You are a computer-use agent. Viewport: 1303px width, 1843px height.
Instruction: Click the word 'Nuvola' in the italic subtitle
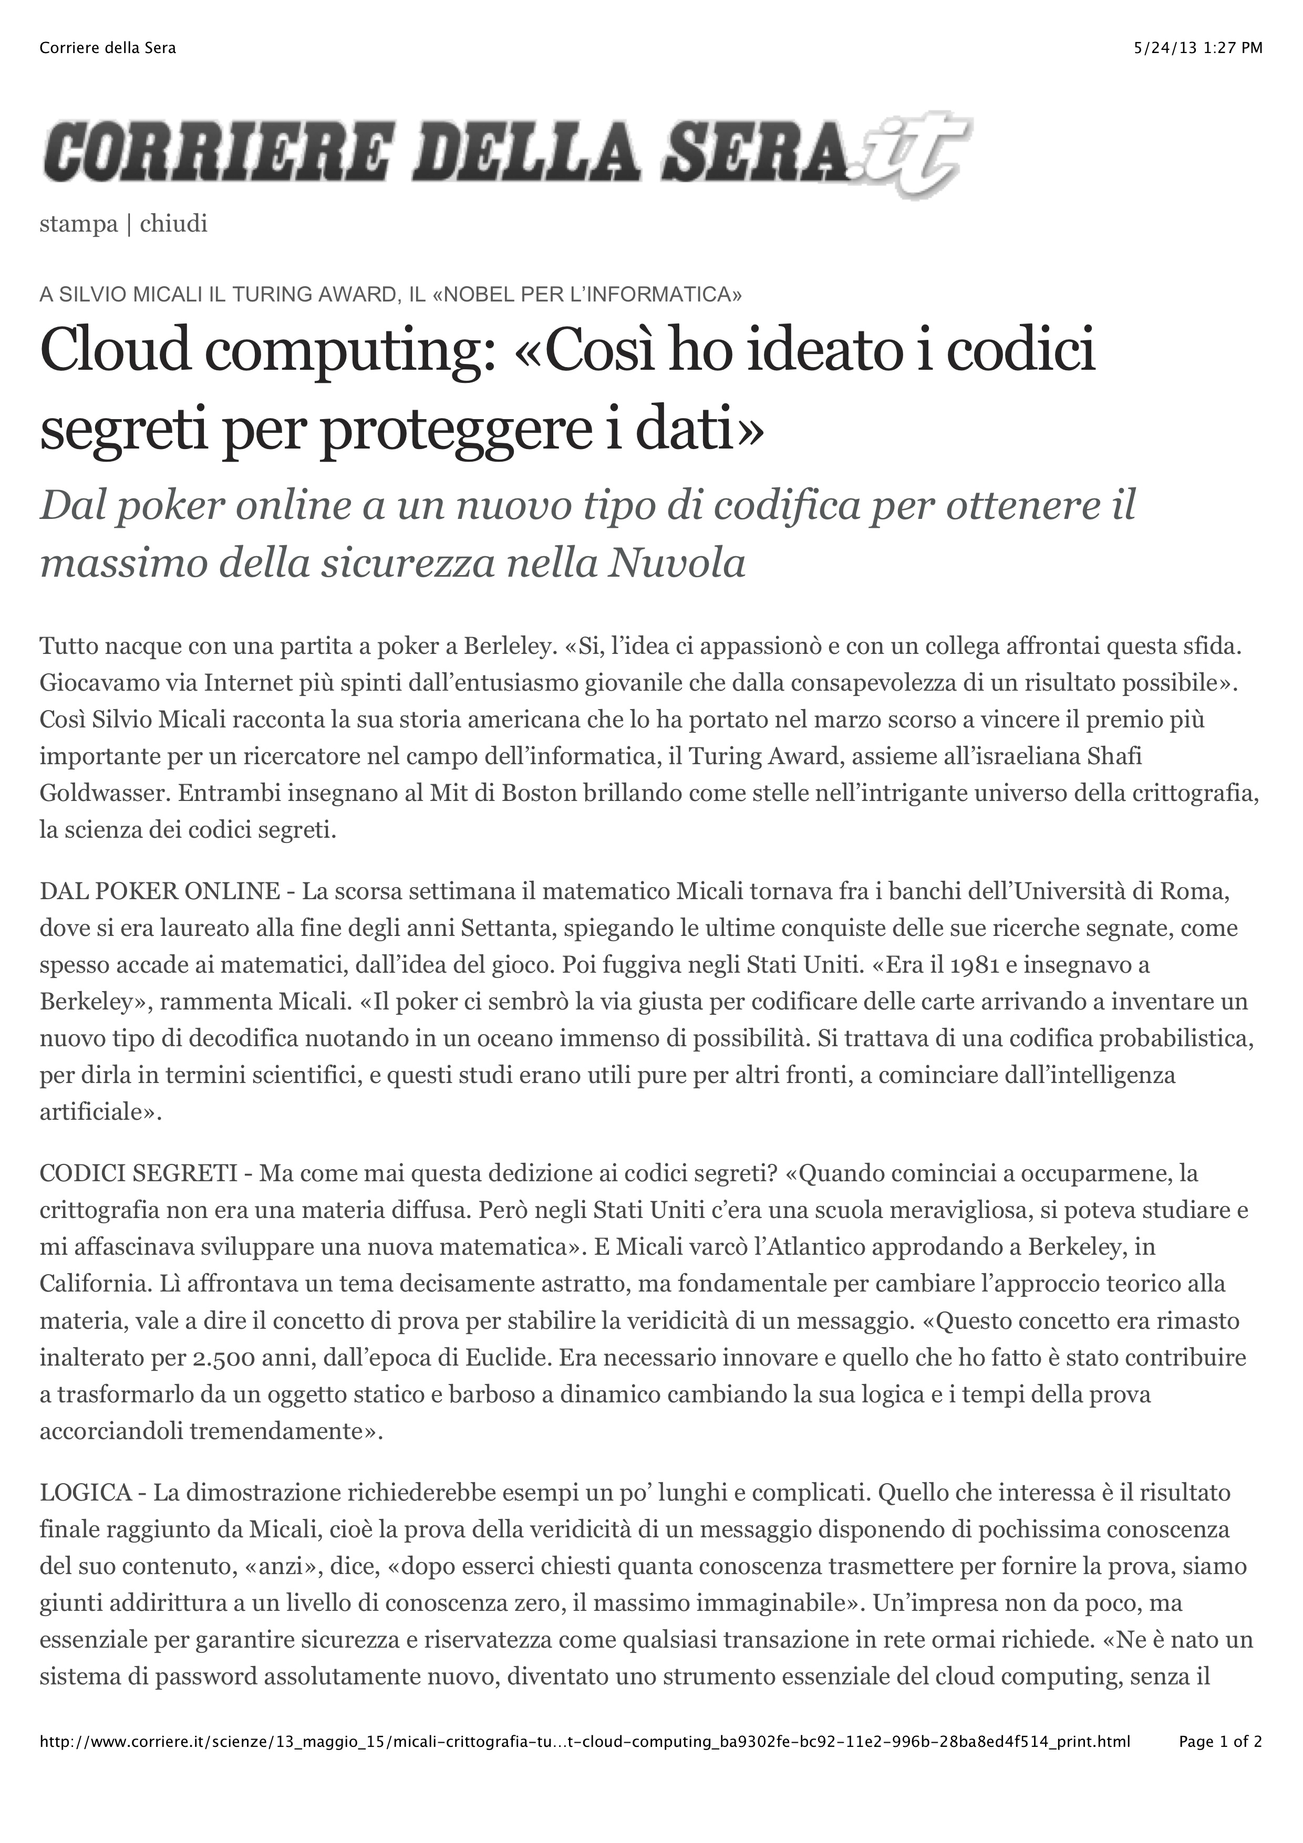pos(677,564)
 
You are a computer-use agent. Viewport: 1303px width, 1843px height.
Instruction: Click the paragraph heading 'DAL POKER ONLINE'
pos(160,891)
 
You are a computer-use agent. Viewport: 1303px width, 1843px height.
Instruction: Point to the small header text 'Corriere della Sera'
pos(108,48)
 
